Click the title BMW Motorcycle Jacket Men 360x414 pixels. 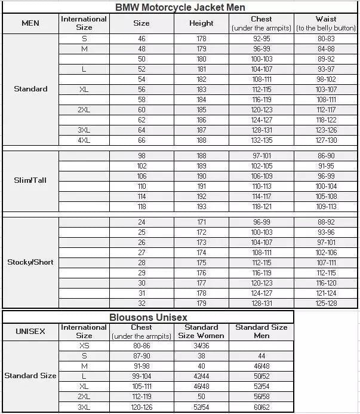coord(180,7)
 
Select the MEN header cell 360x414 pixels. coord(30,23)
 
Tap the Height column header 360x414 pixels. coord(201,23)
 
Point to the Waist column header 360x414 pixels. coord(326,23)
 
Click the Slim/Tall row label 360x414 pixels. coord(30,180)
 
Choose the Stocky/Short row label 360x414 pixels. coord(30,262)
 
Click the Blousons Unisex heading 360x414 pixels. coord(148,317)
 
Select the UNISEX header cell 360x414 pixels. coord(30,331)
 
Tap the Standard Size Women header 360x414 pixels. coord(201,331)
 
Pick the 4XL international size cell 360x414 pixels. coord(84,140)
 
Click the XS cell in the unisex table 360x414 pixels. coord(84,345)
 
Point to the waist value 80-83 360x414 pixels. coord(326,38)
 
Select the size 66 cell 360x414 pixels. coord(141,140)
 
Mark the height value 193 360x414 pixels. coord(201,207)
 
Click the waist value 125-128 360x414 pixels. coord(326,303)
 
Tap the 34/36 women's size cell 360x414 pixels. coord(201,345)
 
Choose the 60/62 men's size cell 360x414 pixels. coord(260,407)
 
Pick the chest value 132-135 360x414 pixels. coord(261,140)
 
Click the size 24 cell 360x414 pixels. coord(141,222)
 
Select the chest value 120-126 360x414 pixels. coord(141,407)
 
